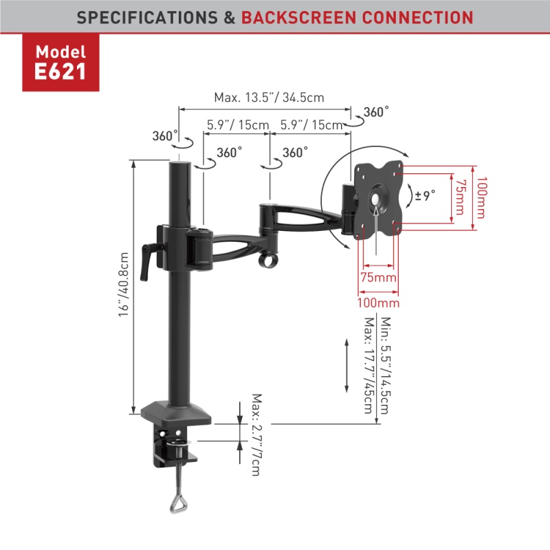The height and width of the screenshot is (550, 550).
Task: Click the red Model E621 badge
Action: (60, 63)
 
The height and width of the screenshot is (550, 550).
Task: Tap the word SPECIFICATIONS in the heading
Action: (147, 18)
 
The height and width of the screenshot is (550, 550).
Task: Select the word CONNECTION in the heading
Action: (417, 18)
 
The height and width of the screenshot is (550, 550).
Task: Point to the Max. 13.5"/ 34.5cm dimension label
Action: (269, 98)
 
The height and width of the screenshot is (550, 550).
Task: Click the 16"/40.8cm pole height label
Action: (124, 285)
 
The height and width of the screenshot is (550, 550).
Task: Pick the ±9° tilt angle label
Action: (425, 195)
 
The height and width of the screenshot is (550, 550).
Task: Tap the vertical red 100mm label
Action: (482, 197)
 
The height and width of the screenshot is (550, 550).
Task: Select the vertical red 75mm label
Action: (461, 197)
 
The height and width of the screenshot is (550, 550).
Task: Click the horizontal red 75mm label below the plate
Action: (379, 278)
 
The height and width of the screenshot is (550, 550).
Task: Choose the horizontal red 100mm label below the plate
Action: (378, 302)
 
